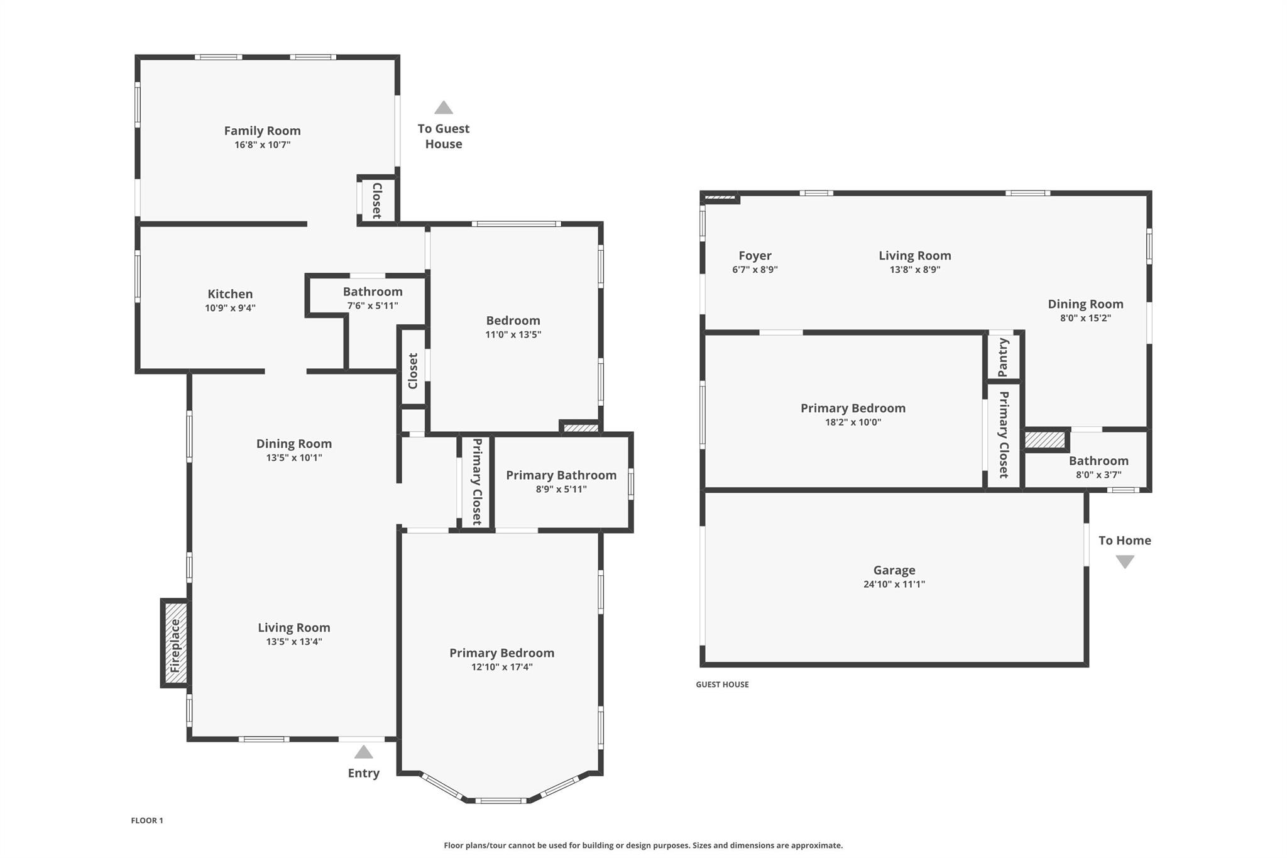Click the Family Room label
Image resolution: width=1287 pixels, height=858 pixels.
262,131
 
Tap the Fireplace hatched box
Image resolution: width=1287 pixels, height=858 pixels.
175,644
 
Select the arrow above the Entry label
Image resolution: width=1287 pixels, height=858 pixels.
363,752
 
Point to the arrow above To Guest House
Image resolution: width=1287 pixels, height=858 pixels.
444,107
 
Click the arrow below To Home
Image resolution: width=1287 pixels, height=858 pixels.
1125,562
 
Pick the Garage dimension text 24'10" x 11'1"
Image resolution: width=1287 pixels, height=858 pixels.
894,584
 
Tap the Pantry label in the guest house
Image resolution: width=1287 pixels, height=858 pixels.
1004,357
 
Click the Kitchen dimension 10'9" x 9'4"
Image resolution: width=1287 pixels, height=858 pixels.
230,308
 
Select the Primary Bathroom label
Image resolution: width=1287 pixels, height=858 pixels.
561,475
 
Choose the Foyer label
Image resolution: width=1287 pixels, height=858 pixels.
755,256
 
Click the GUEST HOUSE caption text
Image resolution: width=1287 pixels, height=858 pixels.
722,685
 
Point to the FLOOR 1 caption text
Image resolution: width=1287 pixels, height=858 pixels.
147,820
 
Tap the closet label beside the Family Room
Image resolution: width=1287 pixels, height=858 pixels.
377,201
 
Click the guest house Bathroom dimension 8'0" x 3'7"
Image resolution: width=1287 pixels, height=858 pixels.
1098,475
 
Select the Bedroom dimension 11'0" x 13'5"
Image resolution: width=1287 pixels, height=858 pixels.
513,334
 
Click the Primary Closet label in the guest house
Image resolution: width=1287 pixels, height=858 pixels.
1004,434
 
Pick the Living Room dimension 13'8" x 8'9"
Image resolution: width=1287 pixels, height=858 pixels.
915,270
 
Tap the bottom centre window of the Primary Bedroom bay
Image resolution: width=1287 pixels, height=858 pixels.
501,801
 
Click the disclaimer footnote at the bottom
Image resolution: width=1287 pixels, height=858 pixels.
643,845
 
